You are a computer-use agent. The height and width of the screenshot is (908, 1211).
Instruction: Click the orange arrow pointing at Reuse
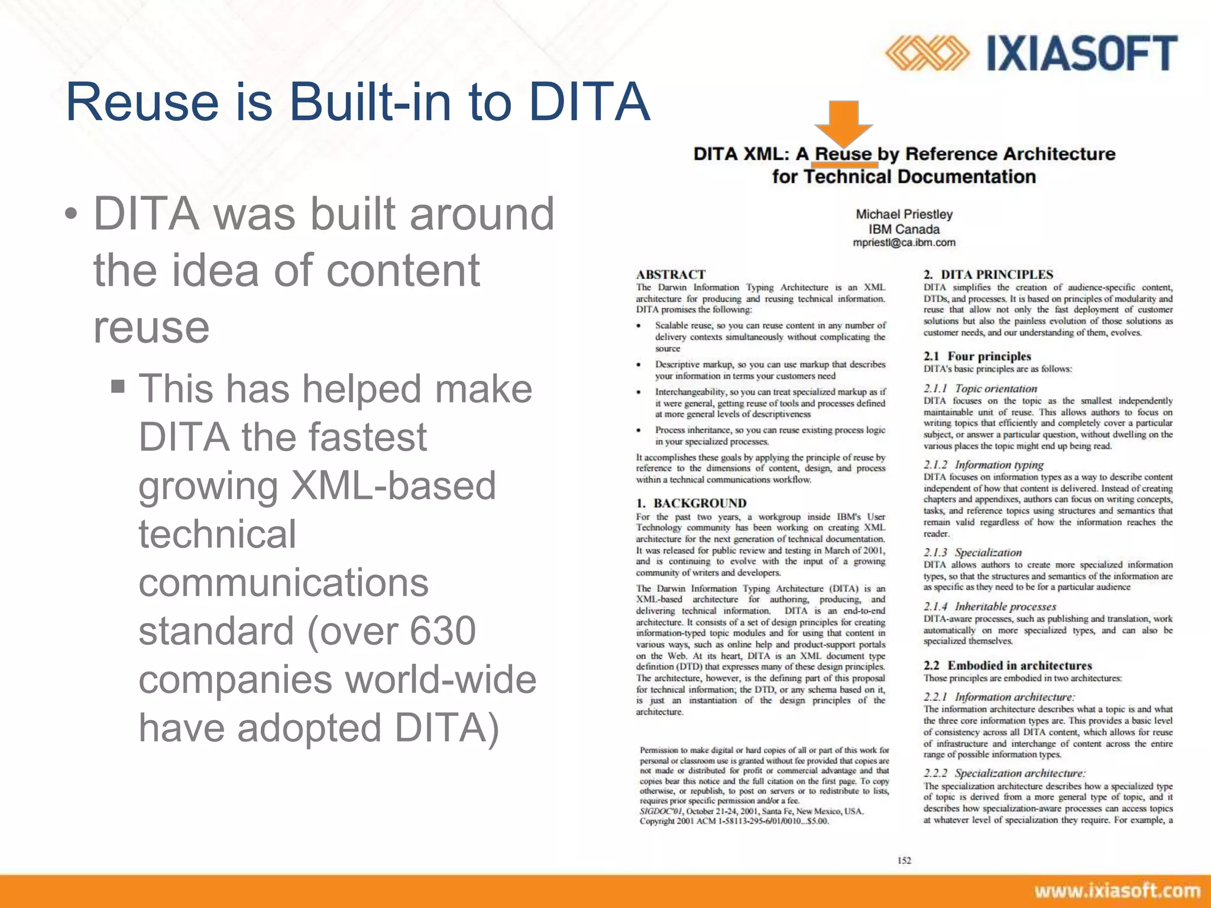point(843,123)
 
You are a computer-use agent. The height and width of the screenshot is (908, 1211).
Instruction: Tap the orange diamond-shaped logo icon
point(927,53)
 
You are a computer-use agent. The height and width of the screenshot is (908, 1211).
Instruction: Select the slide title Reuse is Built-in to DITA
point(358,102)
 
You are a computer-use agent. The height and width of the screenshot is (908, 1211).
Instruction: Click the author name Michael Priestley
point(904,214)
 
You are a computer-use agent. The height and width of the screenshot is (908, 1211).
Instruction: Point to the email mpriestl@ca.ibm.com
point(904,242)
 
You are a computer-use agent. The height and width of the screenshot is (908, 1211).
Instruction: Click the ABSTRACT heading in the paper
point(671,274)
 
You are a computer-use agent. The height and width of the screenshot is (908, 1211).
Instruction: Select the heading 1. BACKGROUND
point(691,503)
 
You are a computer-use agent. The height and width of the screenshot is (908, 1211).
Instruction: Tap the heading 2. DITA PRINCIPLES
point(988,274)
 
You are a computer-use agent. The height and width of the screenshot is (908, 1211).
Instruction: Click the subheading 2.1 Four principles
point(977,356)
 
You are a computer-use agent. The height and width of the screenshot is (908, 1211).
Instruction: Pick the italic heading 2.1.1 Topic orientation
point(980,388)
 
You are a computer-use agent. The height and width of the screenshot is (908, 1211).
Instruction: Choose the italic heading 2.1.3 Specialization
point(973,553)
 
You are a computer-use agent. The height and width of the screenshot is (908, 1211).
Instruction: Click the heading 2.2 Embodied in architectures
point(1008,666)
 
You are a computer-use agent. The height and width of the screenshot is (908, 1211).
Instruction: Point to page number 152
point(904,861)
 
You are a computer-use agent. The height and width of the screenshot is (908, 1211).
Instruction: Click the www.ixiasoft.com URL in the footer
point(1117,891)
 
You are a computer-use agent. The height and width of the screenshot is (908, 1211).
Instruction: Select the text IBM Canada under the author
point(904,229)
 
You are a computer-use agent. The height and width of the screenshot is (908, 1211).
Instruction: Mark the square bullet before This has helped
point(118,387)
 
